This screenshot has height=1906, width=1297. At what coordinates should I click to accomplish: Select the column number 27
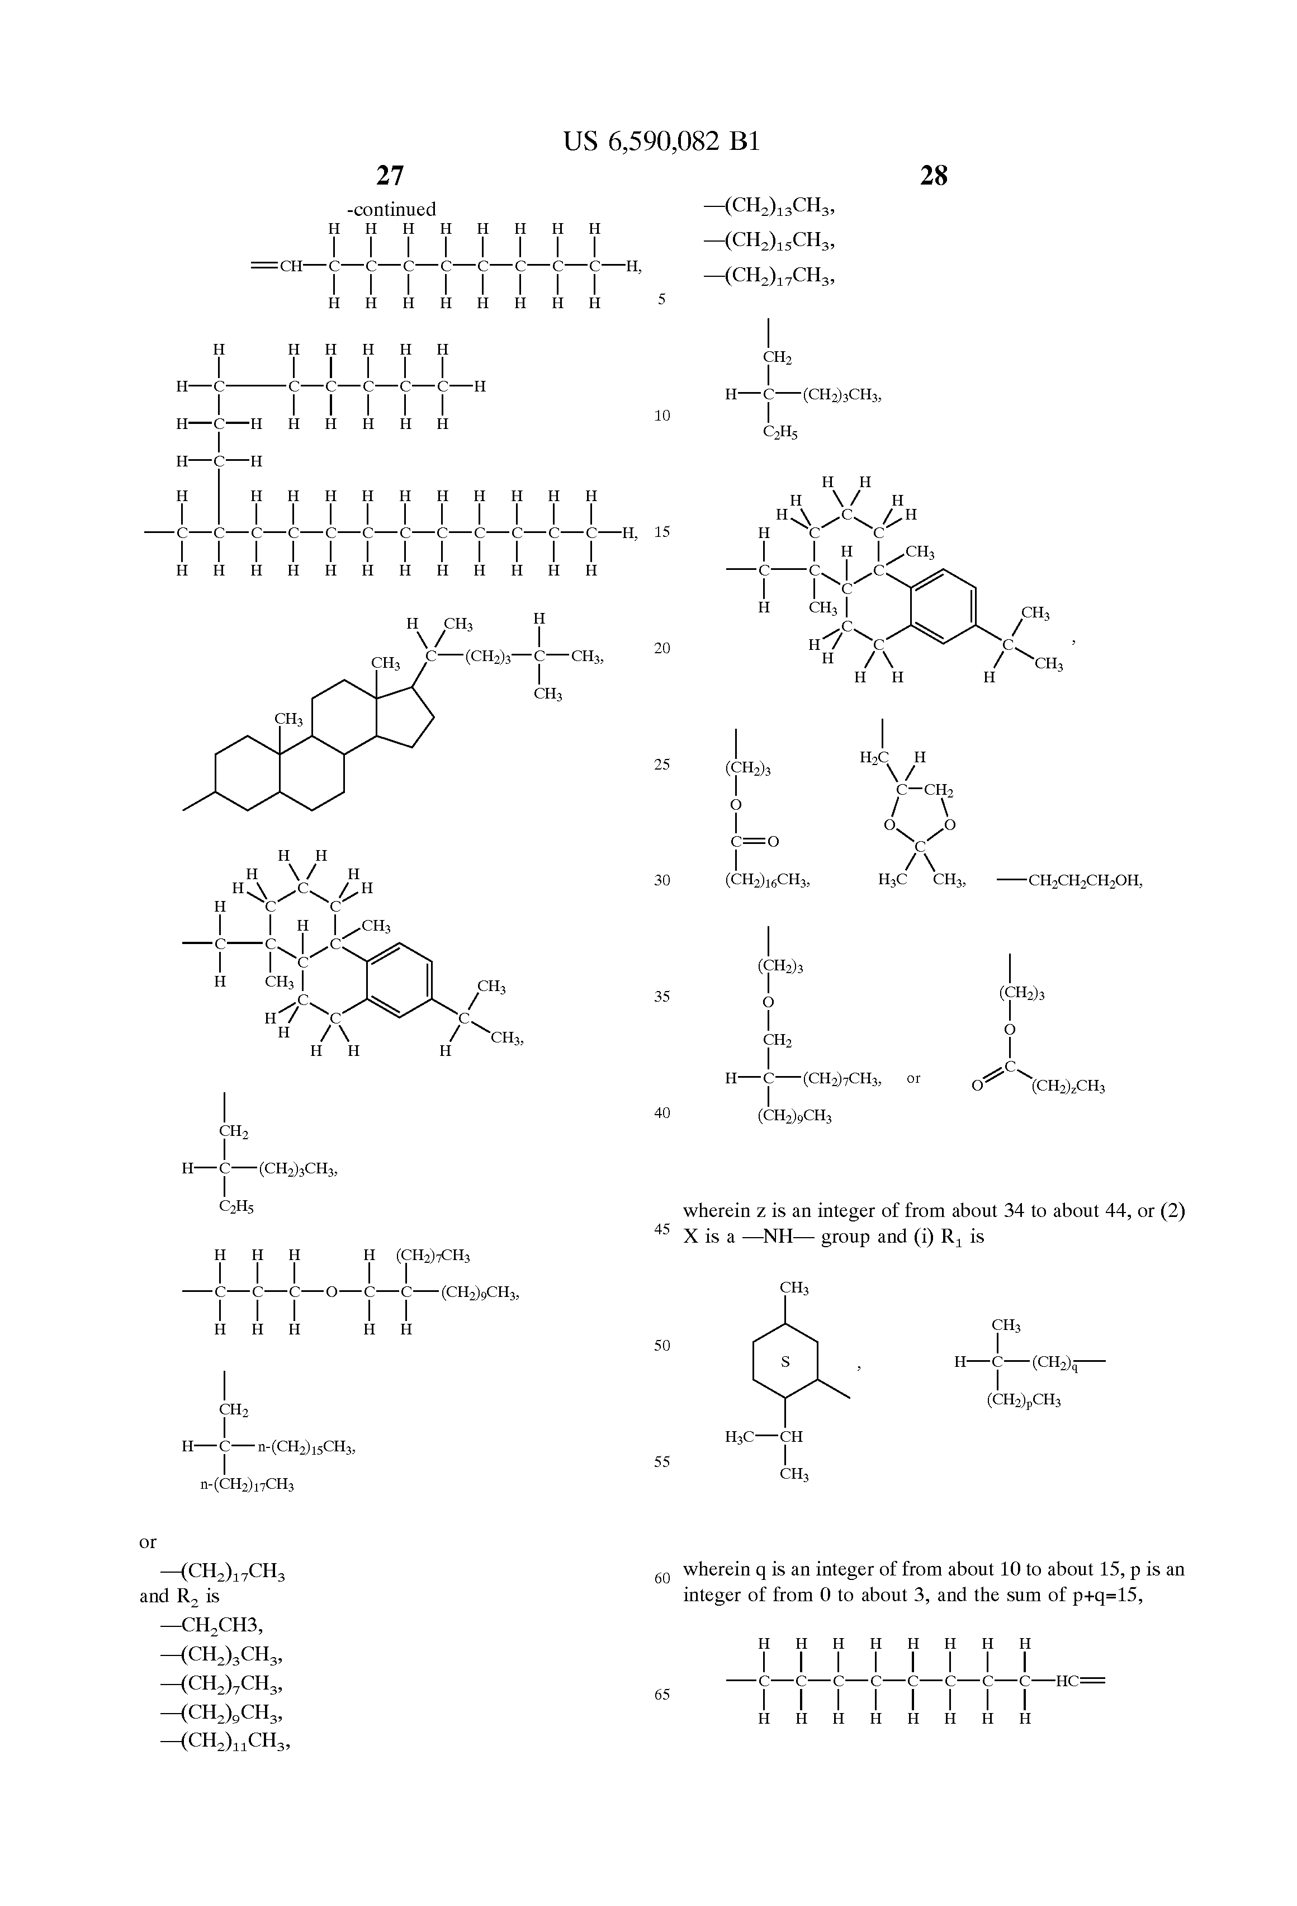(390, 176)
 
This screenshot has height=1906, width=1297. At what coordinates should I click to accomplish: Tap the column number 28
(934, 176)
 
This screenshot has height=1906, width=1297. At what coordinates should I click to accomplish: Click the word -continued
(391, 209)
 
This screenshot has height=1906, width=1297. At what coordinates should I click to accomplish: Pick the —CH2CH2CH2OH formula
(1070, 881)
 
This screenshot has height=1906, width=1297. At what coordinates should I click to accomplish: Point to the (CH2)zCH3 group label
(1067, 1087)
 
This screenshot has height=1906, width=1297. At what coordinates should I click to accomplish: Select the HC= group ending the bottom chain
(1080, 1681)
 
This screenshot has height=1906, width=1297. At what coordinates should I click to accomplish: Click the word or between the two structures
(913, 1078)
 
